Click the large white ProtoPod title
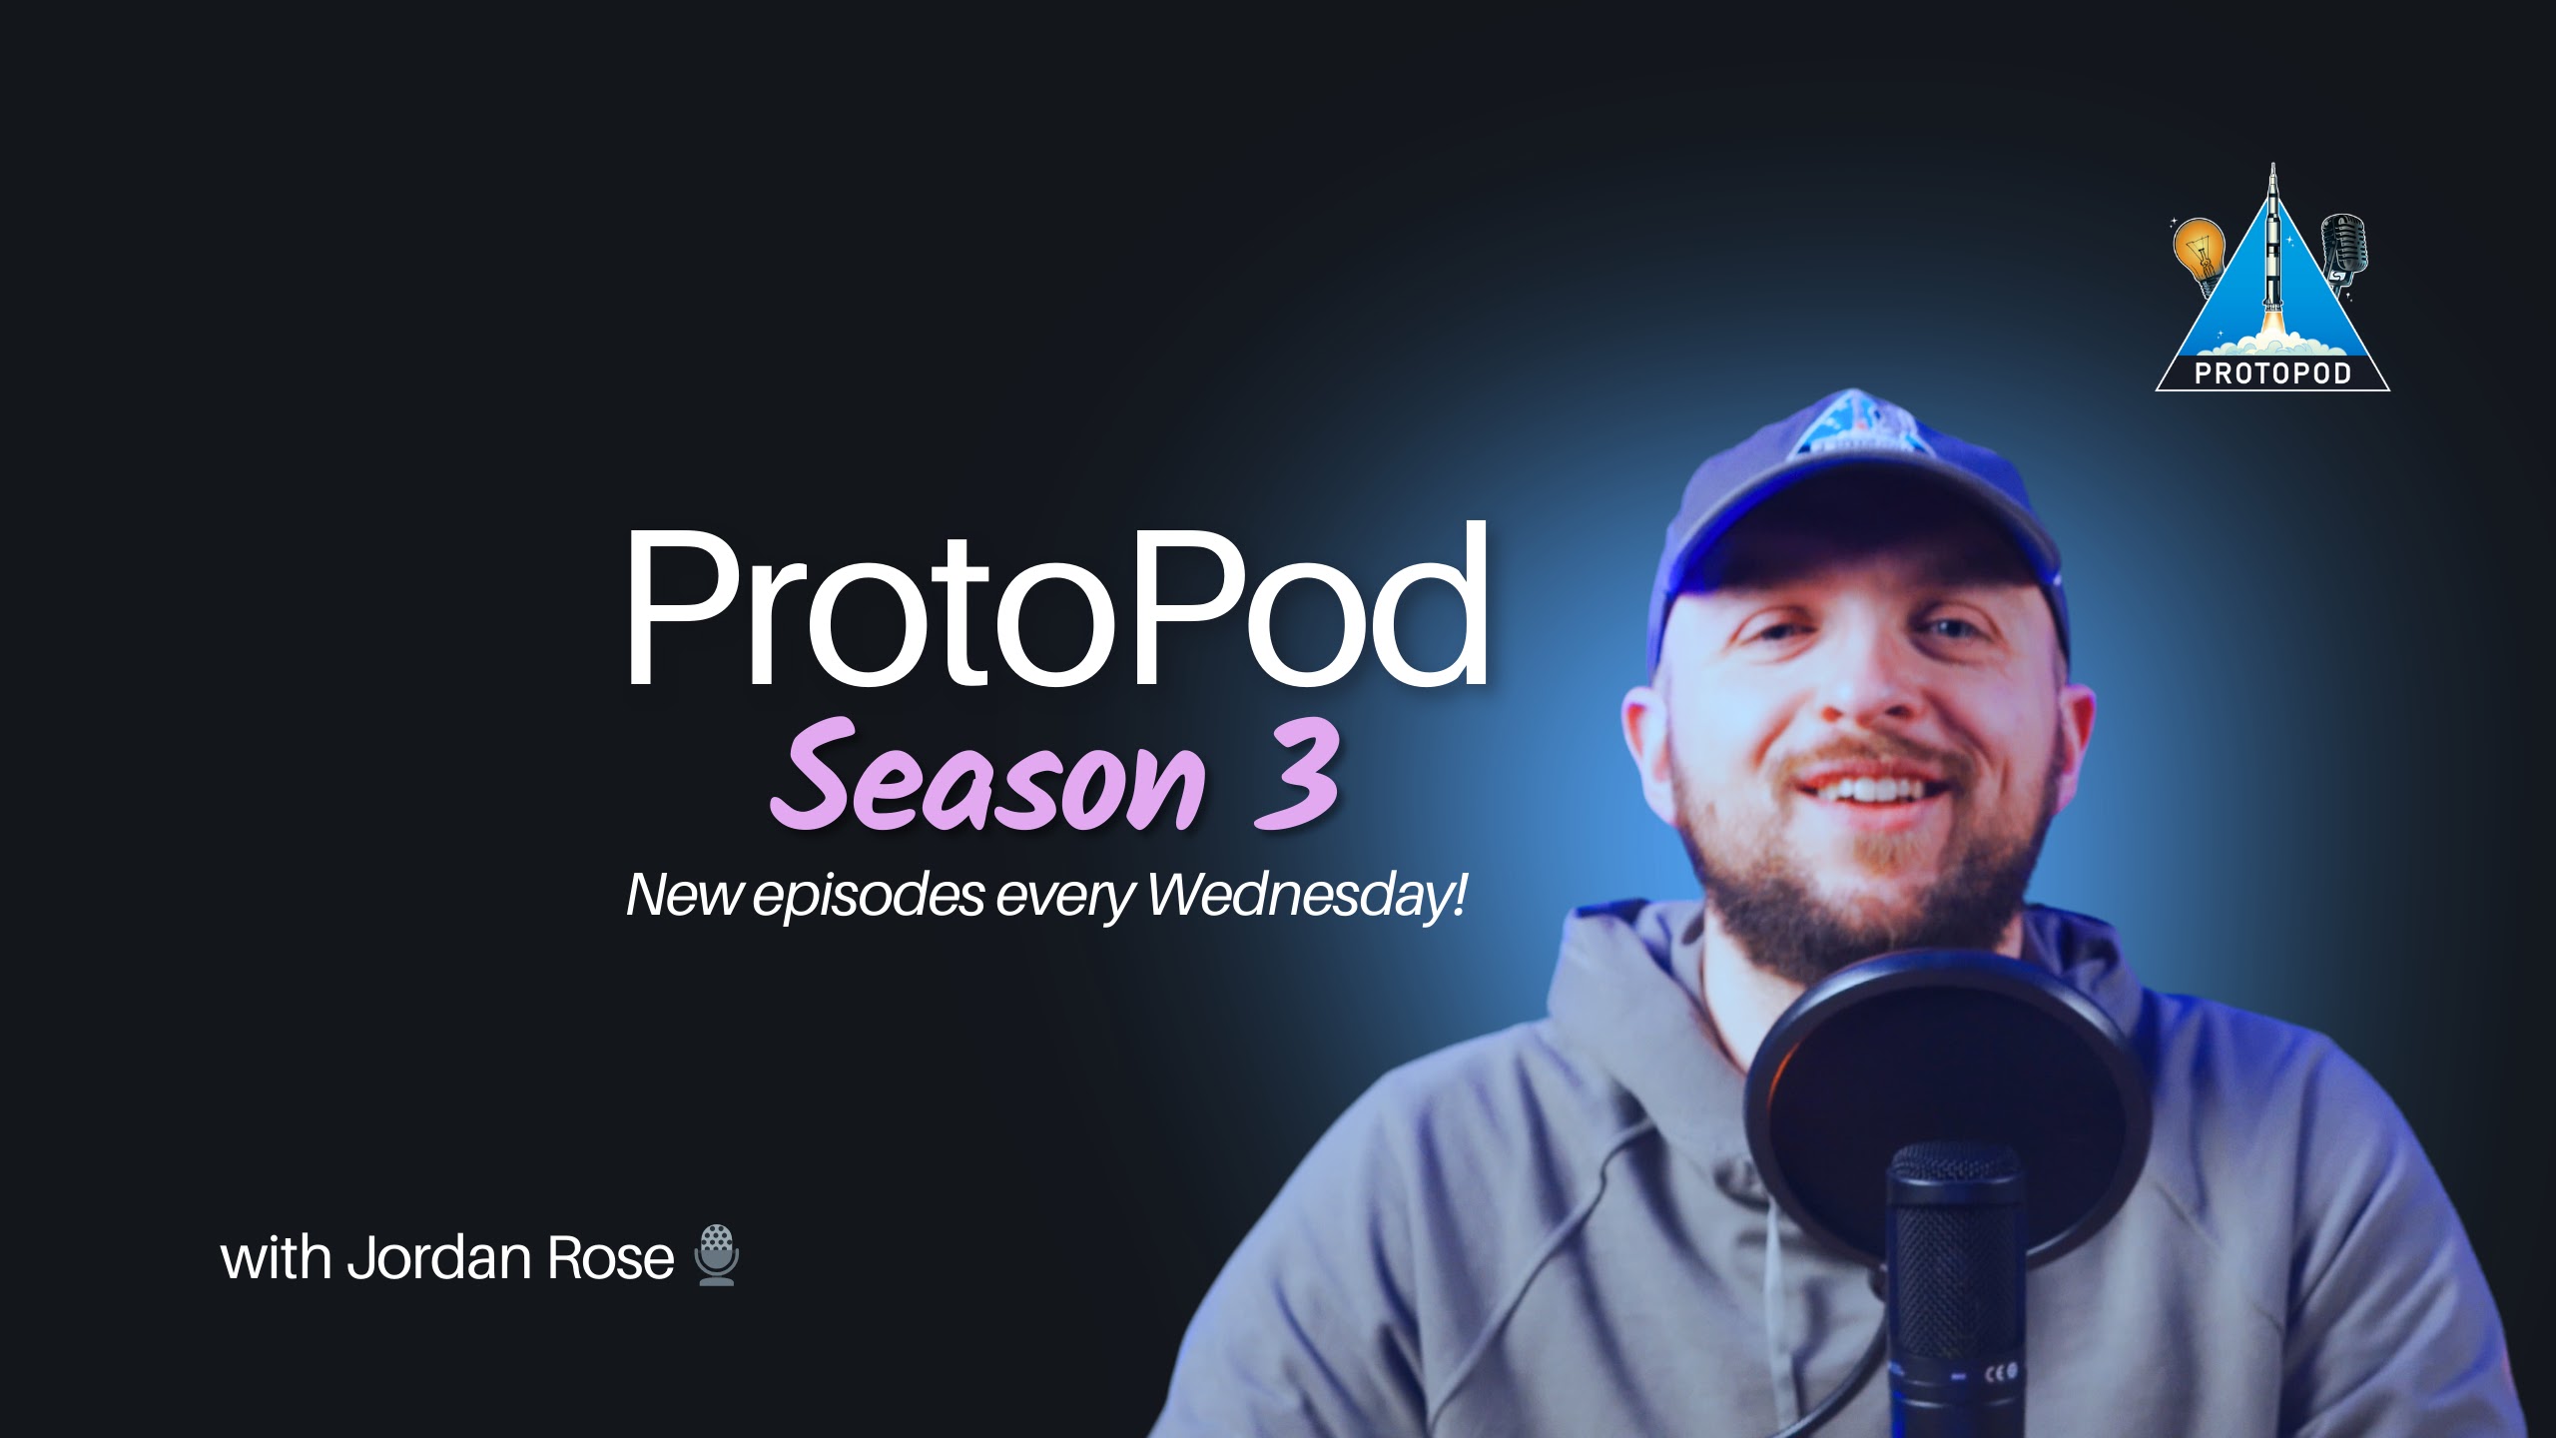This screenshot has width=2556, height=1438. click(1056, 606)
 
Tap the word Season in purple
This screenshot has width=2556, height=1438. click(988, 777)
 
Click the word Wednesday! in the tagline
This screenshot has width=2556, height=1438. click(1308, 894)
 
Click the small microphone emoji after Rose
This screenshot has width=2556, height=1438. click(717, 1255)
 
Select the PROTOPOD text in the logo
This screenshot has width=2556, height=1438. click(2273, 373)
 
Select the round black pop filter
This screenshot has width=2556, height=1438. click(1947, 1108)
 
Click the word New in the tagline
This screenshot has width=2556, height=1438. click(684, 894)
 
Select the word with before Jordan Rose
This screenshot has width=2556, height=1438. click(276, 1258)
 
